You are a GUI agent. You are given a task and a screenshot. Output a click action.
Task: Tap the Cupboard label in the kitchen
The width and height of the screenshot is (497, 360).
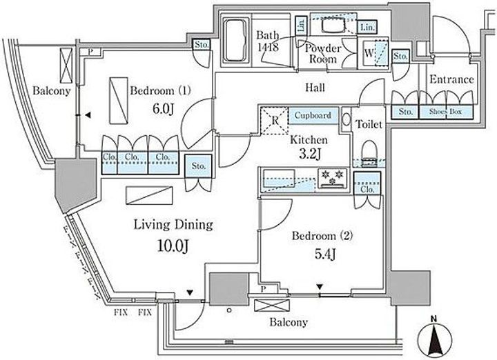tap(315, 116)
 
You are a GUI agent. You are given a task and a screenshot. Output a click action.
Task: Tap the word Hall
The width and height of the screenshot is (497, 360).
tap(314, 88)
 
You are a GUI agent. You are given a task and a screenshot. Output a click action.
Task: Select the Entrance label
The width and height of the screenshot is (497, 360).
tap(451, 79)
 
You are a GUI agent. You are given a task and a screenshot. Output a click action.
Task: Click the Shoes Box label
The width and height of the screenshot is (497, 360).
tap(447, 111)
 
